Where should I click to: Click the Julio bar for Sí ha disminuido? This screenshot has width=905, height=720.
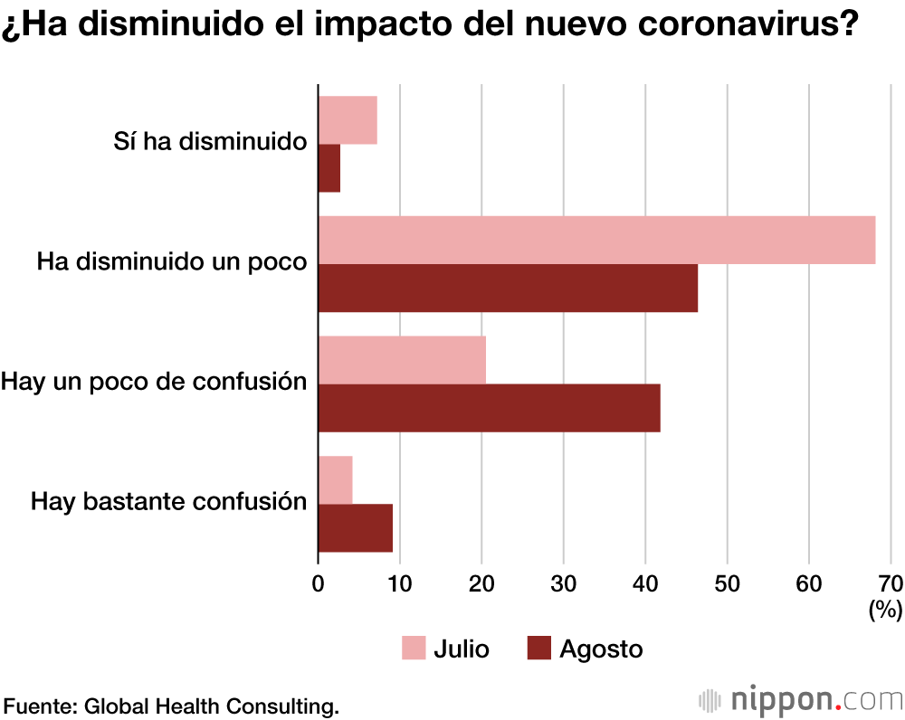pos(348,120)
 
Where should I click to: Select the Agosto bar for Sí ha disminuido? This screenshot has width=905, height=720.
pos(329,168)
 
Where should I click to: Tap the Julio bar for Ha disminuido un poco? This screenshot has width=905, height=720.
pos(596,240)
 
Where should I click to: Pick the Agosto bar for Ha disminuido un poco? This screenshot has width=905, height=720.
pos(508,288)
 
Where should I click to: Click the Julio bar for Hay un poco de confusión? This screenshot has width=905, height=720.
pos(402,360)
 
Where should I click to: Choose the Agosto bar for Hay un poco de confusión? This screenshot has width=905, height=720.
pos(489,408)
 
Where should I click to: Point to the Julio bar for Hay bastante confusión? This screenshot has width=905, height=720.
pos(335,480)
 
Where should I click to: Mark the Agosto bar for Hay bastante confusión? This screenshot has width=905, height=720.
pos(355,528)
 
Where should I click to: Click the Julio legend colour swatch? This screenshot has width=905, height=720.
pos(413,649)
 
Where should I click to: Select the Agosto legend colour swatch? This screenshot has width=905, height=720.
pos(538,649)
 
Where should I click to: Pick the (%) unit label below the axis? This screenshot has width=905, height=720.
pos(885,611)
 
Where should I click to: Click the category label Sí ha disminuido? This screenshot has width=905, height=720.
pos(210,142)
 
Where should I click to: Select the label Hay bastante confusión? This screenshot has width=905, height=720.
pos(169,502)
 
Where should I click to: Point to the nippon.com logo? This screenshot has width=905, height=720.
pos(801,700)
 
